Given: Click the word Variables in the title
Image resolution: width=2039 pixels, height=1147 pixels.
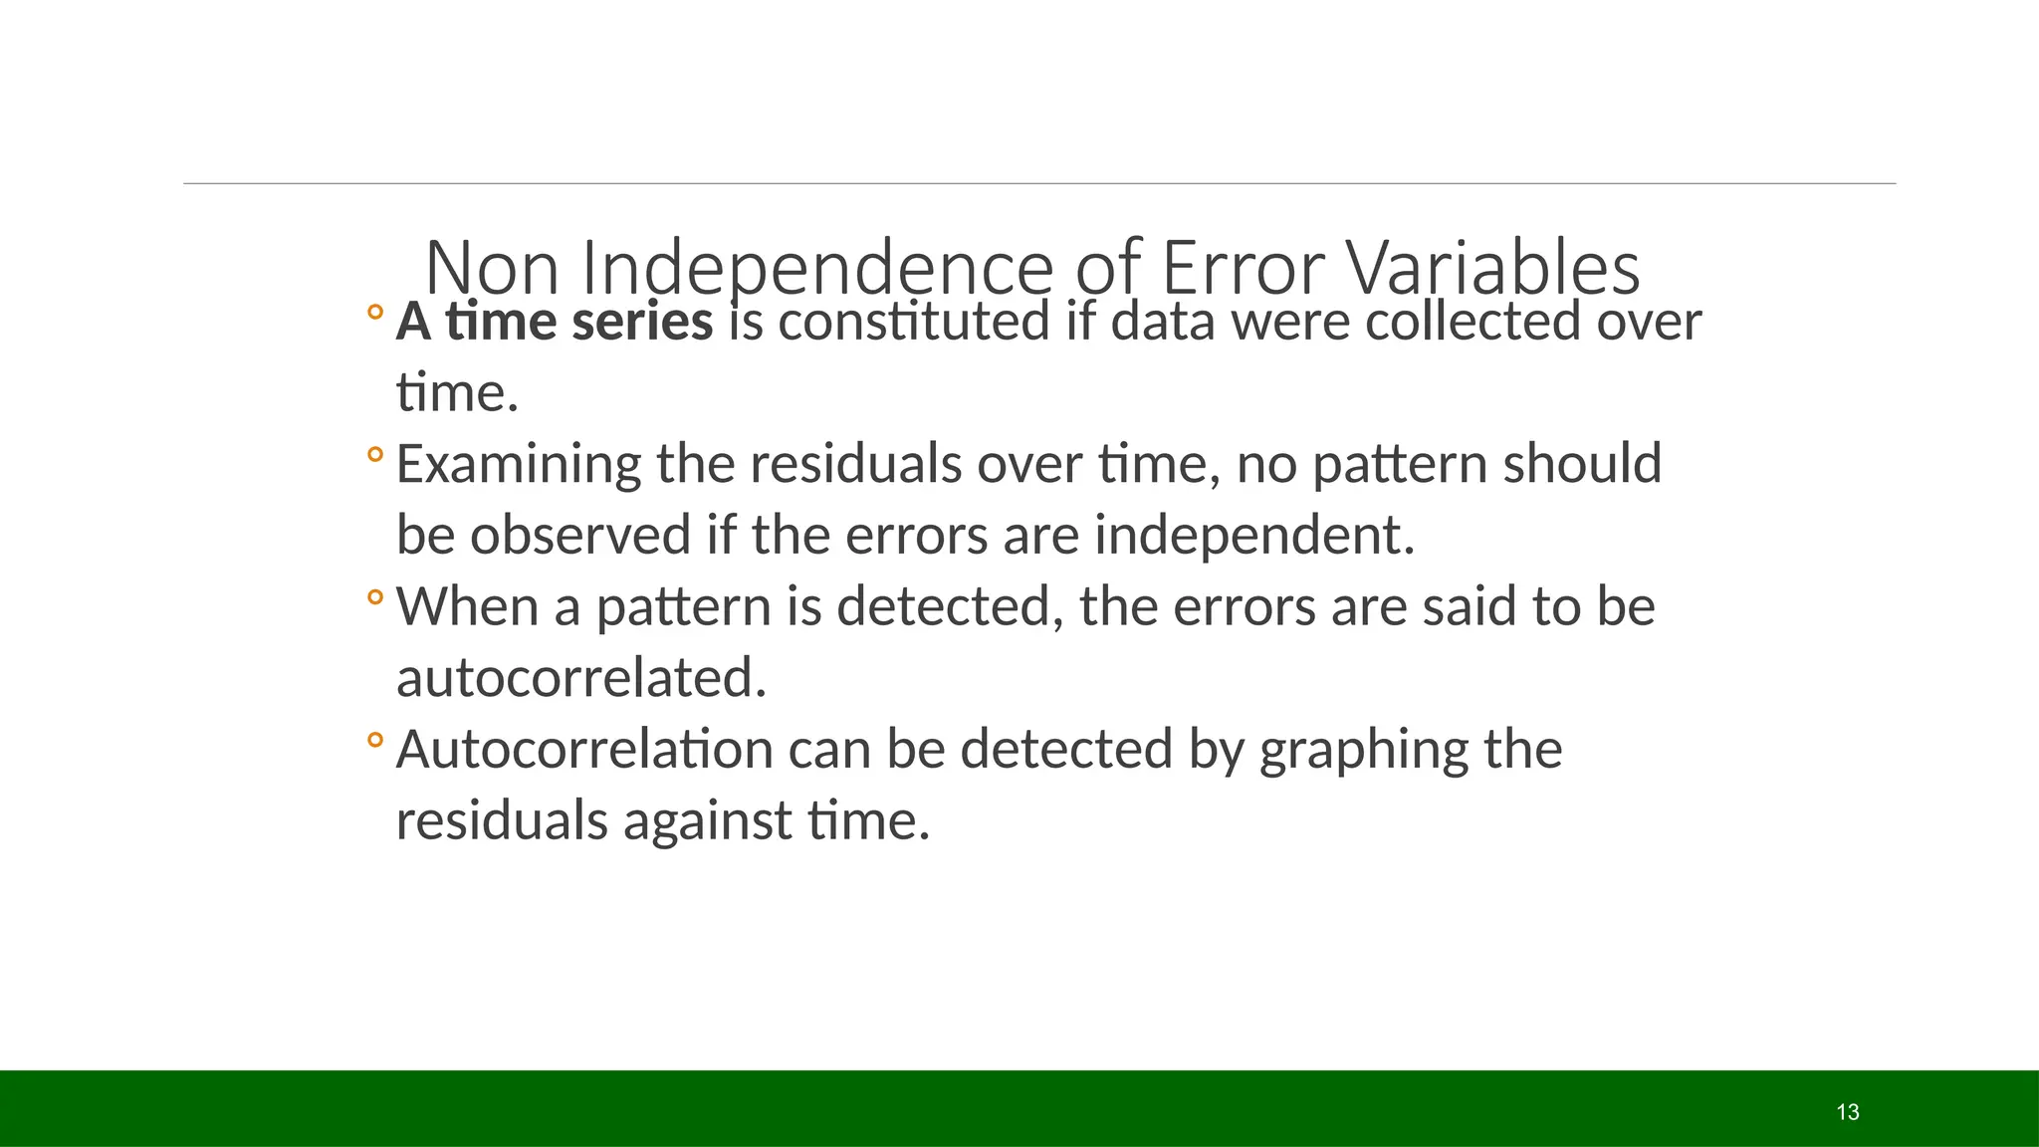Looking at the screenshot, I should (1492, 269).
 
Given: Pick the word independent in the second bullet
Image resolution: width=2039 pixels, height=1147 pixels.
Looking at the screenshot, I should (1253, 535).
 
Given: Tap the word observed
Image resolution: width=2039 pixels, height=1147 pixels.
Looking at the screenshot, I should (580, 535).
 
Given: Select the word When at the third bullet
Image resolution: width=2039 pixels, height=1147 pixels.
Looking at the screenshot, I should (467, 606).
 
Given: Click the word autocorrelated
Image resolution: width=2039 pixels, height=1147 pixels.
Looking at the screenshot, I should (580, 678).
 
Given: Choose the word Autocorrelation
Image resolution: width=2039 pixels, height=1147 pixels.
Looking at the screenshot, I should (584, 750).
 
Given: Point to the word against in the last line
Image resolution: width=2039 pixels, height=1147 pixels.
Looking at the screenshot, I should (707, 821).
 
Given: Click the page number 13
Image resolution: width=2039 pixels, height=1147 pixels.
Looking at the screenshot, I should (1848, 1112).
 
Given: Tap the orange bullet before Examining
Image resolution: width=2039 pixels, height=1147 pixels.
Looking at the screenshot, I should (374, 455).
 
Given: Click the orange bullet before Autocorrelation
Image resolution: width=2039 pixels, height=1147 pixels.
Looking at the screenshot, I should (374, 740).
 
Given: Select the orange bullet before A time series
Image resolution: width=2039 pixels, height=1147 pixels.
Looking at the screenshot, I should (374, 312).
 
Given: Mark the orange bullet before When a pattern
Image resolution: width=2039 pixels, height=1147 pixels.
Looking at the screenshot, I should (374, 597).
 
